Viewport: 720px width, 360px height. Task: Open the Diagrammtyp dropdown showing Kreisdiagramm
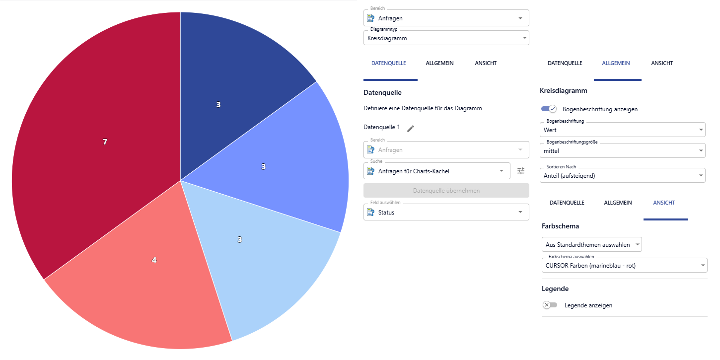tap(446, 38)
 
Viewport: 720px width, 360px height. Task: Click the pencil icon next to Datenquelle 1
tap(410, 129)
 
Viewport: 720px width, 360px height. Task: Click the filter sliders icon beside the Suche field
tap(520, 171)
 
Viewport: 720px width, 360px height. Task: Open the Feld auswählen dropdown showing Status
tap(446, 213)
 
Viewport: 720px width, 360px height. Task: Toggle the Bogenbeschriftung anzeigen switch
tap(549, 109)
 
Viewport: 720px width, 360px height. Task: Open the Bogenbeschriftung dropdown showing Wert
tap(622, 130)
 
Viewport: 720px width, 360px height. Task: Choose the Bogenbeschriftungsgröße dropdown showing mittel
tap(622, 150)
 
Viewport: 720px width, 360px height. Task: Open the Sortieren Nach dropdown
tap(622, 175)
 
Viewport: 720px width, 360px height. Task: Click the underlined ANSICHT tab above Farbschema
tap(664, 203)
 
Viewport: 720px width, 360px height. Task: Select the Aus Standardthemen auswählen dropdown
tap(591, 244)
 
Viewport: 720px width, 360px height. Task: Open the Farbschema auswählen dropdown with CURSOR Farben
tap(624, 266)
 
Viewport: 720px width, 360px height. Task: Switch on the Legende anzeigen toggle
tap(550, 305)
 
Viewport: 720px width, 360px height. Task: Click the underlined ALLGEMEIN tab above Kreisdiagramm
tap(616, 64)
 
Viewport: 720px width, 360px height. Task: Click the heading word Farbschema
tap(560, 226)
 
